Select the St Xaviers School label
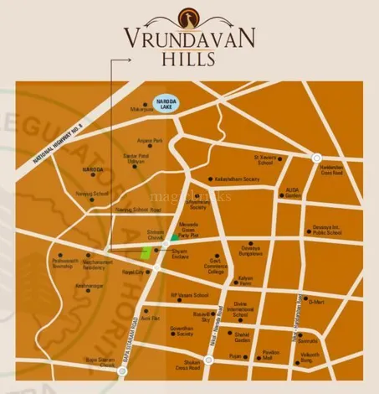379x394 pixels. coord(264,159)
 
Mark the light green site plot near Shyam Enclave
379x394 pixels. coord(146,251)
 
